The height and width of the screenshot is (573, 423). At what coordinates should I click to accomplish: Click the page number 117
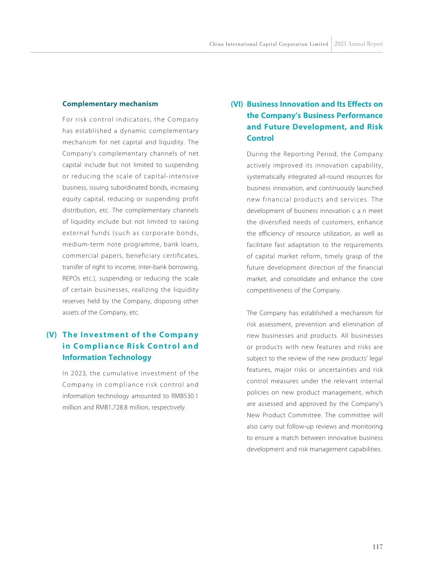coord(378,547)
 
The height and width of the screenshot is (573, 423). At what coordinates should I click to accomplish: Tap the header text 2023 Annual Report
coord(359,44)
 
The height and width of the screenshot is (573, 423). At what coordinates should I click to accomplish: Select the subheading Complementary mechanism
coord(110,104)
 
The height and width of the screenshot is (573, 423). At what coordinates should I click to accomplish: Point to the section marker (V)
coord(52,335)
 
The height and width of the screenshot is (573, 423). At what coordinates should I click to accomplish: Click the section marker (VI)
coord(237,104)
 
